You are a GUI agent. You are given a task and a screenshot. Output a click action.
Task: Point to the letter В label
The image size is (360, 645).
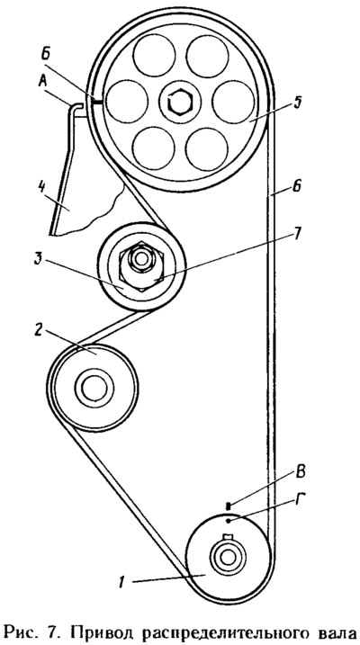[301, 472]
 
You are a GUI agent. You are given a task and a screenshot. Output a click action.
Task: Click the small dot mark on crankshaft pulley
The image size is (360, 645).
[229, 521]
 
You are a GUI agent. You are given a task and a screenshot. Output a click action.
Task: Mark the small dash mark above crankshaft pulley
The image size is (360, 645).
[229, 506]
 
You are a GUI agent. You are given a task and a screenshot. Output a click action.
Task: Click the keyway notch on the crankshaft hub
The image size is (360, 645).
[228, 537]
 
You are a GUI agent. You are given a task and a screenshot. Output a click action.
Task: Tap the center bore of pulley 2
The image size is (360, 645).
[94, 388]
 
